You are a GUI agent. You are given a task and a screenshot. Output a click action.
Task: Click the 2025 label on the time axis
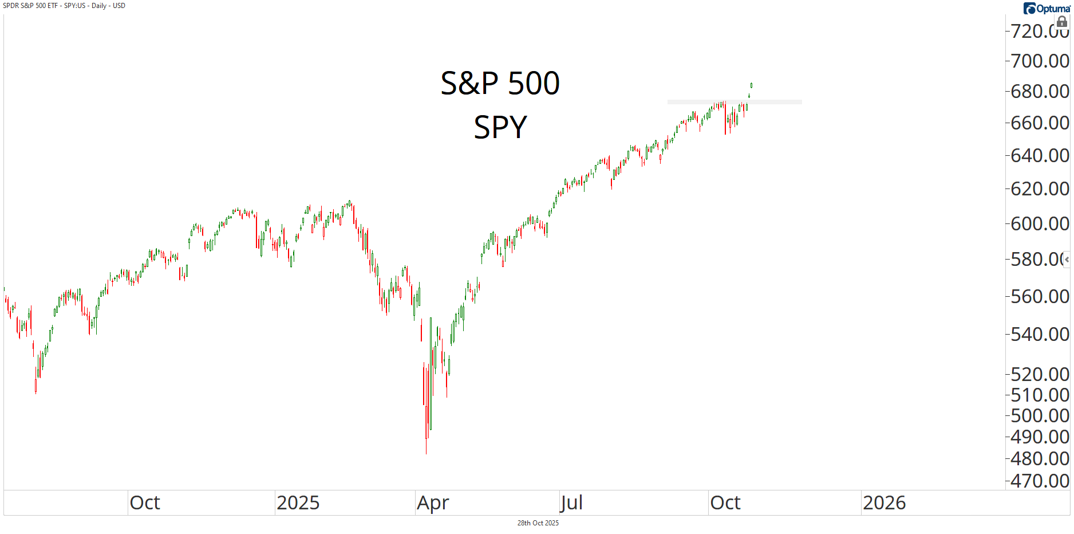click(298, 502)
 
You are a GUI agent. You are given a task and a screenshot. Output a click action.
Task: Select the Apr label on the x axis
click(433, 502)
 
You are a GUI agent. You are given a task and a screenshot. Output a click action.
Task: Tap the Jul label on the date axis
click(571, 502)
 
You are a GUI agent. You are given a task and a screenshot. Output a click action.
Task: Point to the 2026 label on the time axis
click(884, 502)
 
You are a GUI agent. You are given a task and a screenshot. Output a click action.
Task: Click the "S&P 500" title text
click(500, 83)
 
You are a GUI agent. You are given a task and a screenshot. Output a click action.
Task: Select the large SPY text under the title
click(500, 127)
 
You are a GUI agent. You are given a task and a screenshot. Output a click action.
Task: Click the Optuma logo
click(1047, 9)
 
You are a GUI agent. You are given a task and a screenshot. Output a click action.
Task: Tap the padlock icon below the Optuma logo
click(1062, 22)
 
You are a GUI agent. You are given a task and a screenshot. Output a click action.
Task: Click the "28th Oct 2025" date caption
click(538, 523)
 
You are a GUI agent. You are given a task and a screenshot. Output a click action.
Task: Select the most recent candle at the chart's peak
click(751, 85)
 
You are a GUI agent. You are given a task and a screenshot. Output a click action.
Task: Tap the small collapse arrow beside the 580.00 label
click(1067, 260)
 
